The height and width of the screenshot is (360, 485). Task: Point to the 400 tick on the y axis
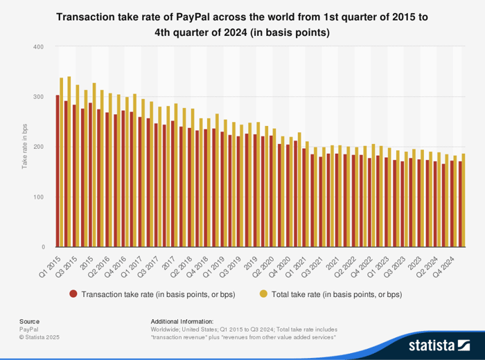39,47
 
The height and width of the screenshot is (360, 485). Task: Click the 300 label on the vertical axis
39,97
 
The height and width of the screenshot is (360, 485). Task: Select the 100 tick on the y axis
39,197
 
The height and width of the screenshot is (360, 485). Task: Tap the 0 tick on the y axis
42,247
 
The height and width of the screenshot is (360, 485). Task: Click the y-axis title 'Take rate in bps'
24,147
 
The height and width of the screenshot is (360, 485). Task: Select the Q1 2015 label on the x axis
50,261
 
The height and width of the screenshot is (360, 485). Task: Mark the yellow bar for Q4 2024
464,200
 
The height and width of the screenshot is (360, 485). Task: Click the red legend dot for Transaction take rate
73,294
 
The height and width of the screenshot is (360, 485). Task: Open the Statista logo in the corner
440,344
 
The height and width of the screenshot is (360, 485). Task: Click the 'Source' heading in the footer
29,321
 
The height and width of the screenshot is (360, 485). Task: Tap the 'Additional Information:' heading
182,321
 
